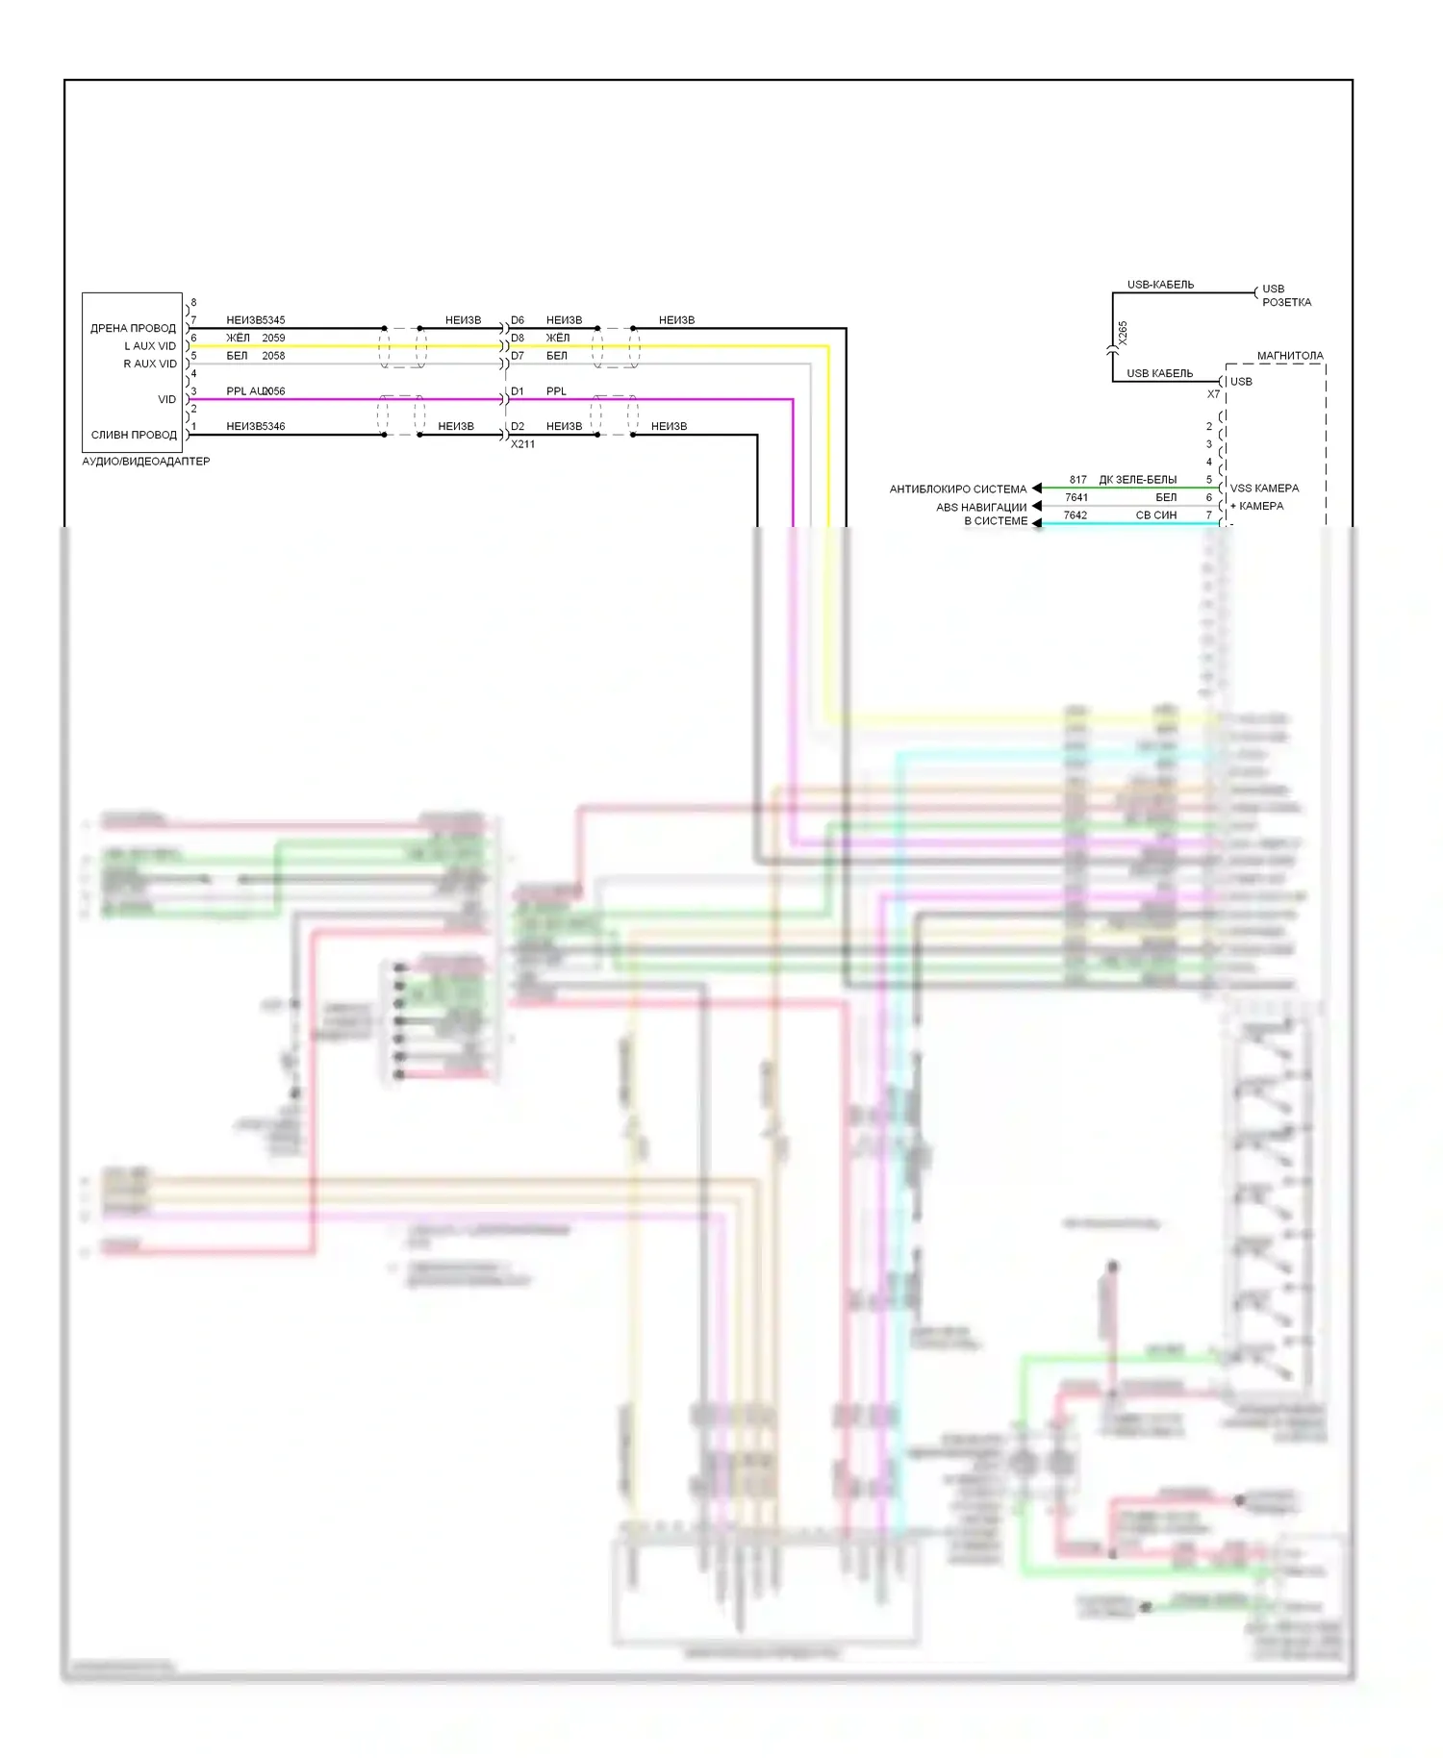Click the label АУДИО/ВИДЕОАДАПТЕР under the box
coord(145,462)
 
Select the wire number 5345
coord(272,320)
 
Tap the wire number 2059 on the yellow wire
coord(273,339)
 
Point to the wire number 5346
coord(272,427)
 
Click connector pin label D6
coord(518,320)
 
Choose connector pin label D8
coord(518,339)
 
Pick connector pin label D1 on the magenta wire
coord(518,391)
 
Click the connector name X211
coord(522,444)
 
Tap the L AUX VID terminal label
coord(150,346)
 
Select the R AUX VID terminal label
coord(150,364)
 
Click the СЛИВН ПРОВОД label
coord(134,435)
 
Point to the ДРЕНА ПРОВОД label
coord(133,329)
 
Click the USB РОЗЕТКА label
coord(1286,295)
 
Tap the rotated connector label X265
coord(1123,333)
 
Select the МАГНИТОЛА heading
coord(1289,356)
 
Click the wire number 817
coord(1077,480)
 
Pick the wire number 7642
coord(1075,515)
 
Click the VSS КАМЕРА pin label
coord(1264,489)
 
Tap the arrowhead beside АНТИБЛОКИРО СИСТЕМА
coord(1036,489)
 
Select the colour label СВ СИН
coord(1155,515)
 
